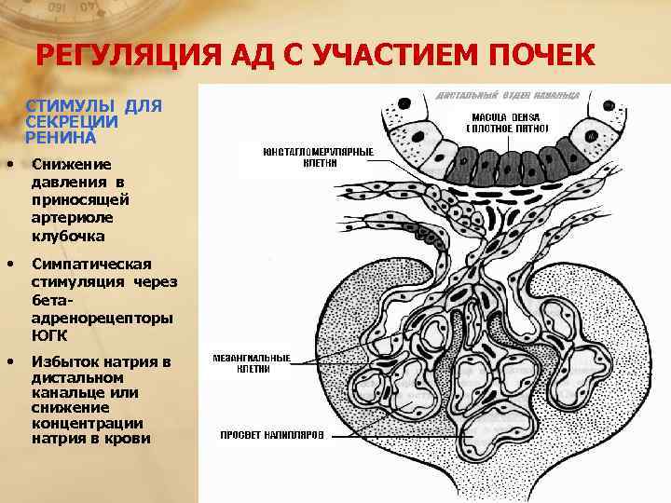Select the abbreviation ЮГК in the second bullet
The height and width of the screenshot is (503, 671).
pos(48,334)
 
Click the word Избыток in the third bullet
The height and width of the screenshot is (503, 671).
pos(63,361)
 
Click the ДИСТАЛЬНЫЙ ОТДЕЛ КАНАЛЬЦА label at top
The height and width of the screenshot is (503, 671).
pos(507,96)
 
